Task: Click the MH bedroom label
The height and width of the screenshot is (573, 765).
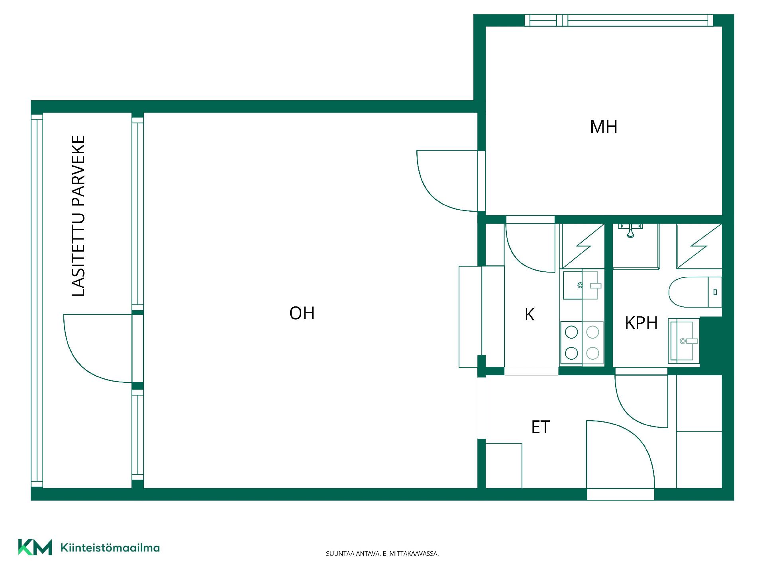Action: tap(604, 127)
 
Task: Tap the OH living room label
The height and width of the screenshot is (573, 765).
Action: tap(302, 313)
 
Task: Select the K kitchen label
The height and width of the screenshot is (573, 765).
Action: tap(529, 314)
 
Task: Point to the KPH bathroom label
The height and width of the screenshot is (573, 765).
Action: tap(641, 323)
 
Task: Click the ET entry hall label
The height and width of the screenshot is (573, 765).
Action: tap(540, 427)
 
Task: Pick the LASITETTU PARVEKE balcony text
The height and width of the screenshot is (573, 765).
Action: tap(78, 216)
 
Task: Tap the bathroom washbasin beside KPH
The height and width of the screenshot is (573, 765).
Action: tap(684, 341)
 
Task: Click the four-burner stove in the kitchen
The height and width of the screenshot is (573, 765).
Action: tap(582, 343)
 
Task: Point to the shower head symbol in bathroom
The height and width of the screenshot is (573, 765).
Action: tap(630, 231)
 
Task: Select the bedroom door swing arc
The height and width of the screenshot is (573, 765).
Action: tap(434, 191)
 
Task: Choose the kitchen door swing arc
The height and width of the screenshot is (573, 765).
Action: tap(522, 255)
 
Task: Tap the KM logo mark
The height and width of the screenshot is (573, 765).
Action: tap(35, 547)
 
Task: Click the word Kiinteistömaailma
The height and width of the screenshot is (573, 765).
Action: tap(110, 548)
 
